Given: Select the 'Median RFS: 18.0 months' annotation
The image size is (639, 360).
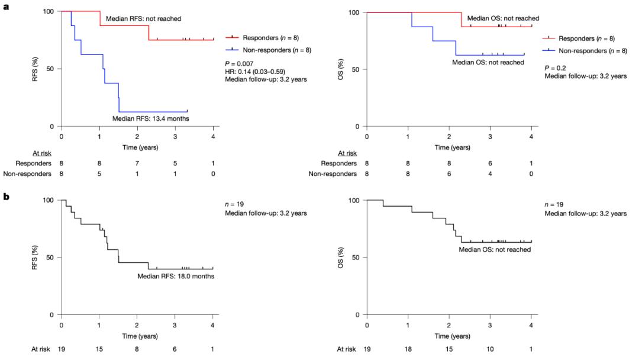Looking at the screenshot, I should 176,276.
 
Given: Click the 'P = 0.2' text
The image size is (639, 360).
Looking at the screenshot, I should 554,67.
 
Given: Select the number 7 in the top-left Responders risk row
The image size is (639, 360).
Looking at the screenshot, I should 137,163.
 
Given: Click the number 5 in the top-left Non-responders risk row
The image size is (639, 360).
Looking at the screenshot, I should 99,173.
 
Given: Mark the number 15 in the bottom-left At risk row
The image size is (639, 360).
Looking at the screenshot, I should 99,349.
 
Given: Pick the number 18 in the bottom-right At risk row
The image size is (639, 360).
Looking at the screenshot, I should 408,349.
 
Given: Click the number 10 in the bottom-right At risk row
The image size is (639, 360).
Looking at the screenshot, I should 490,349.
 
